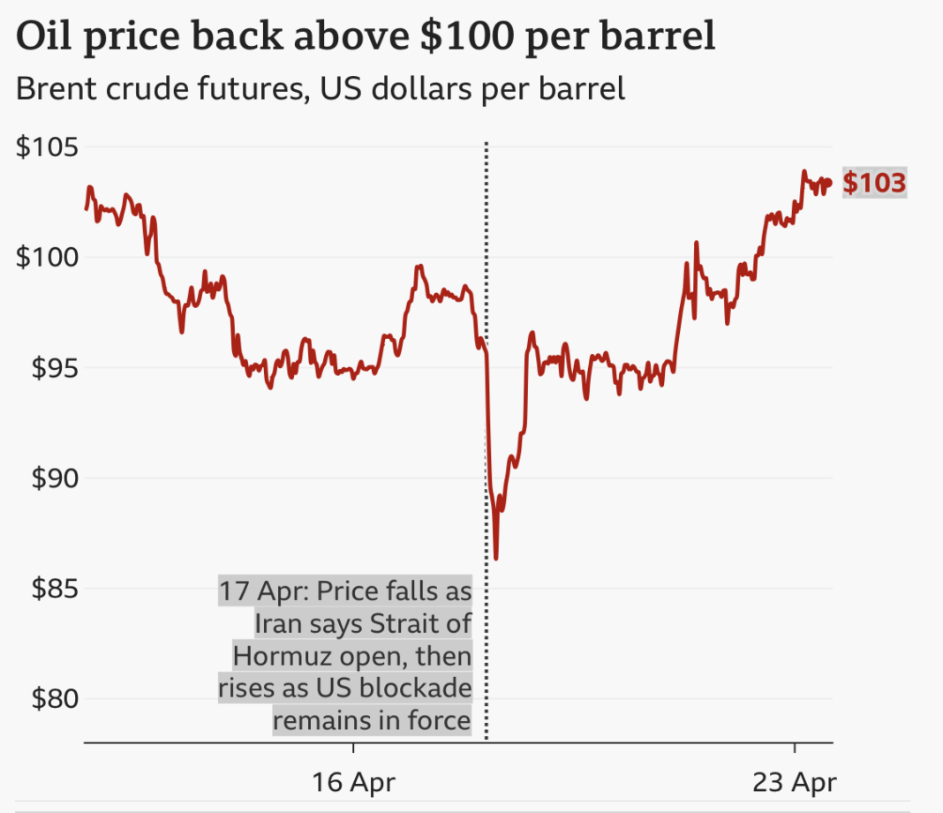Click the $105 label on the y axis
click(47, 147)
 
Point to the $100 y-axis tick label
click(47, 257)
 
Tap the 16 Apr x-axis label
click(353, 781)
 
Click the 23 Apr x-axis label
click(794, 781)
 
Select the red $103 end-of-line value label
click(874, 183)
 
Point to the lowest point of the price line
click(496, 558)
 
